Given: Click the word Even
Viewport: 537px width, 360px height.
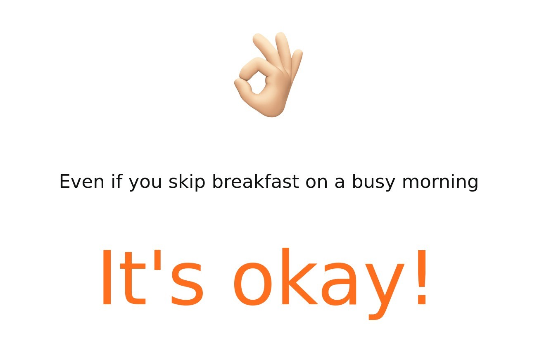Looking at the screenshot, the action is tap(82, 182).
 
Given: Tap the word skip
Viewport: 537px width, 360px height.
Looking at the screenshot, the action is tap(187, 182).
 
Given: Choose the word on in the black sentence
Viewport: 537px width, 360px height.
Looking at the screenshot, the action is tap(316, 183).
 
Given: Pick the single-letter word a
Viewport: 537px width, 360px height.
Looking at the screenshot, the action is tap(340, 183).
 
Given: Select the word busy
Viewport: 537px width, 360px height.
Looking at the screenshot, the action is tap(373, 182).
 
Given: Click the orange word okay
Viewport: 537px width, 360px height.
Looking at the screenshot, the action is tap(319, 284).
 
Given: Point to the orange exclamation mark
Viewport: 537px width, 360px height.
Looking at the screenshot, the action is tap(422, 277).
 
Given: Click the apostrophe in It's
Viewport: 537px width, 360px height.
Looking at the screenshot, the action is tap(157, 260).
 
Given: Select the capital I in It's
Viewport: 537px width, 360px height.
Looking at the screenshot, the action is tap(107, 277).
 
